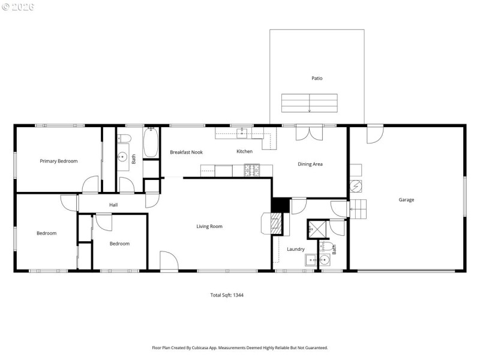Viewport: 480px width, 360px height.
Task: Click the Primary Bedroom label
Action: [x=58, y=161]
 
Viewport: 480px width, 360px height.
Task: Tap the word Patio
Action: [x=316, y=78]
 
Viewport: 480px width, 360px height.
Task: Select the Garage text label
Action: [x=406, y=200]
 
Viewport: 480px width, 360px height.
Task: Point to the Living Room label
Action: [x=209, y=226]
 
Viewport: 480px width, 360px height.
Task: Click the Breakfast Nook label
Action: [x=186, y=152]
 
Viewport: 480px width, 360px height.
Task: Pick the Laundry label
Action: [x=295, y=249]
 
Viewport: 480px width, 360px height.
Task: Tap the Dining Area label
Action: [x=310, y=164]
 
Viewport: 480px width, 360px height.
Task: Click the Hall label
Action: [x=113, y=205]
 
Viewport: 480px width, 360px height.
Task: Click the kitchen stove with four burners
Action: [x=251, y=170]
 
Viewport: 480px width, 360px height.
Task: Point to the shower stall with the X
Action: [x=316, y=229]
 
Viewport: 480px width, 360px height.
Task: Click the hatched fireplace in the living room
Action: [x=276, y=225]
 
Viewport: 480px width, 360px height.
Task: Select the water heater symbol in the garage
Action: [x=356, y=185]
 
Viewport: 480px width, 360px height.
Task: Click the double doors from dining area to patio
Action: [x=310, y=133]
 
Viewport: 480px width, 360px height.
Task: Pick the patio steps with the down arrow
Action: [x=309, y=103]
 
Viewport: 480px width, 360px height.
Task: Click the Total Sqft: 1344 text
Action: [x=226, y=295]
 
